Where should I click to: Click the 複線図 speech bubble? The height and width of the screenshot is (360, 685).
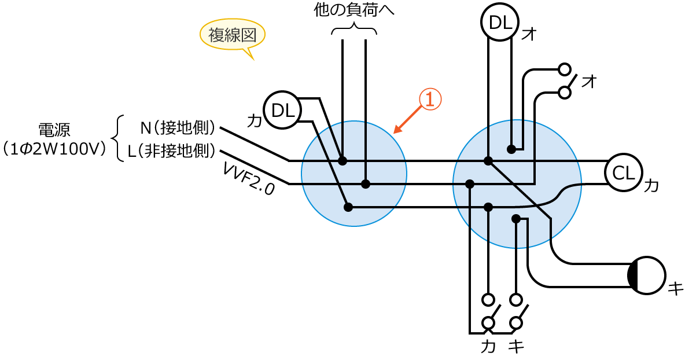(232, 35)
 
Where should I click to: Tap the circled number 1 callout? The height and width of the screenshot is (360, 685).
(430, 100)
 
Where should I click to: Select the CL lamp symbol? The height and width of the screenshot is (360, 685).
(624, 172)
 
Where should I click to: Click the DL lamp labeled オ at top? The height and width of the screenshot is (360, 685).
(500, 23)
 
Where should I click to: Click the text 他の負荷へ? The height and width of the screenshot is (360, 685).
(353, 10)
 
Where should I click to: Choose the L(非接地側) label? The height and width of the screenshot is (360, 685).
(172, 151)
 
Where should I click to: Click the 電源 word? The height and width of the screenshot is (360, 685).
(54, 129)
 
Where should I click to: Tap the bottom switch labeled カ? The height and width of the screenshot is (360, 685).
(489, 313)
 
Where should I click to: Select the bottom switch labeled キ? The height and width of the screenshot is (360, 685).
(516, 313)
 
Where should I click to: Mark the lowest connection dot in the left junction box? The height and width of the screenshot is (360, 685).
(348, 207)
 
